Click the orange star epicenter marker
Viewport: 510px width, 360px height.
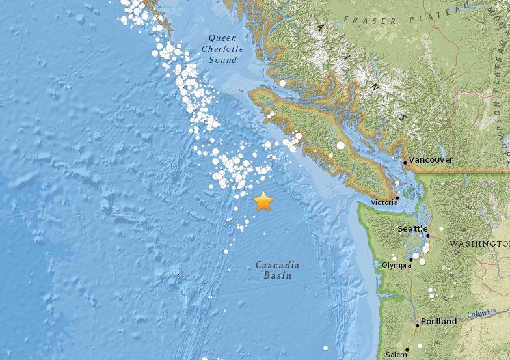pyautogui.click(x=263, y=201)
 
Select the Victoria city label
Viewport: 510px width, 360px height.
pyautogui.click(x=384, y=202)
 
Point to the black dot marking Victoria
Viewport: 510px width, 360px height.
pyautogui.click(x=397, y=197)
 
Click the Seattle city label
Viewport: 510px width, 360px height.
pyautogui.click(x=412, y=228)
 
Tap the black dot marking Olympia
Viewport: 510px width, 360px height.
pyautogui.click(x=410, y=259)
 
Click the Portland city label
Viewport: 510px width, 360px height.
pyautogui.click(x=439, y=321)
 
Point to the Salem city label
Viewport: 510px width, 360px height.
pyautogui.click(x=395, y=355)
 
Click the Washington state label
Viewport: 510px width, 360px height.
pyautogui.click(x=479, y=243)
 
